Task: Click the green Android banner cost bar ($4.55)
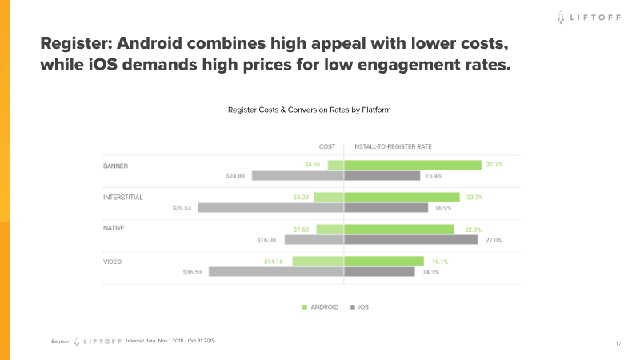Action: pyautogui.click(x=336, y=166)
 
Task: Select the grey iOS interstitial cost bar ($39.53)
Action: pyautogui.click(x=270, y=207)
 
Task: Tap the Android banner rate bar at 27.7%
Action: pyautogui.click(x=413, y=166)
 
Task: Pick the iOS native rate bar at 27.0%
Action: pyautogui.click(x=411, y=239)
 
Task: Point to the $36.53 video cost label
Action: pyautogui.click(x=194, y=271)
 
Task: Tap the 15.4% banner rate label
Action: pyautogui.click(x=434, y=175)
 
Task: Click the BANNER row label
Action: pyautogui.click(x=116, y=166)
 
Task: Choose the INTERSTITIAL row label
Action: pyautogui.click(x=123, y=197)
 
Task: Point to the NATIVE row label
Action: pyautogui.click(x=114, y=228)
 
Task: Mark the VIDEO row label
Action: pyautogui.click(x=113, y=261)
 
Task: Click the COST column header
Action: pyautogui.click(x=326, y=146)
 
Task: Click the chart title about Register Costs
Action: pyautogui.click(x=309, y=109)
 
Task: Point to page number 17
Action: pyautogui.click(x=618, y=344)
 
